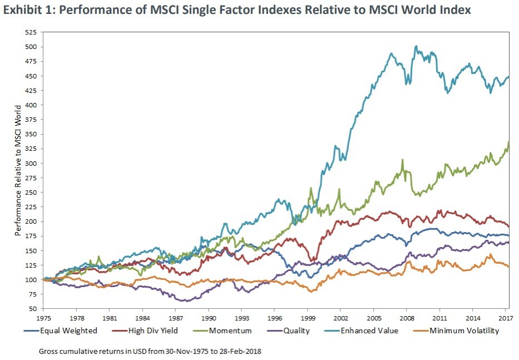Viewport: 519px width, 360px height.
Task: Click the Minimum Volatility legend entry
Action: (462, 331)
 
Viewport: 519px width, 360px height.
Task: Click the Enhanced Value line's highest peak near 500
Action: (416, 47)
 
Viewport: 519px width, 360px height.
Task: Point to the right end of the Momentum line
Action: (509, 142)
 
